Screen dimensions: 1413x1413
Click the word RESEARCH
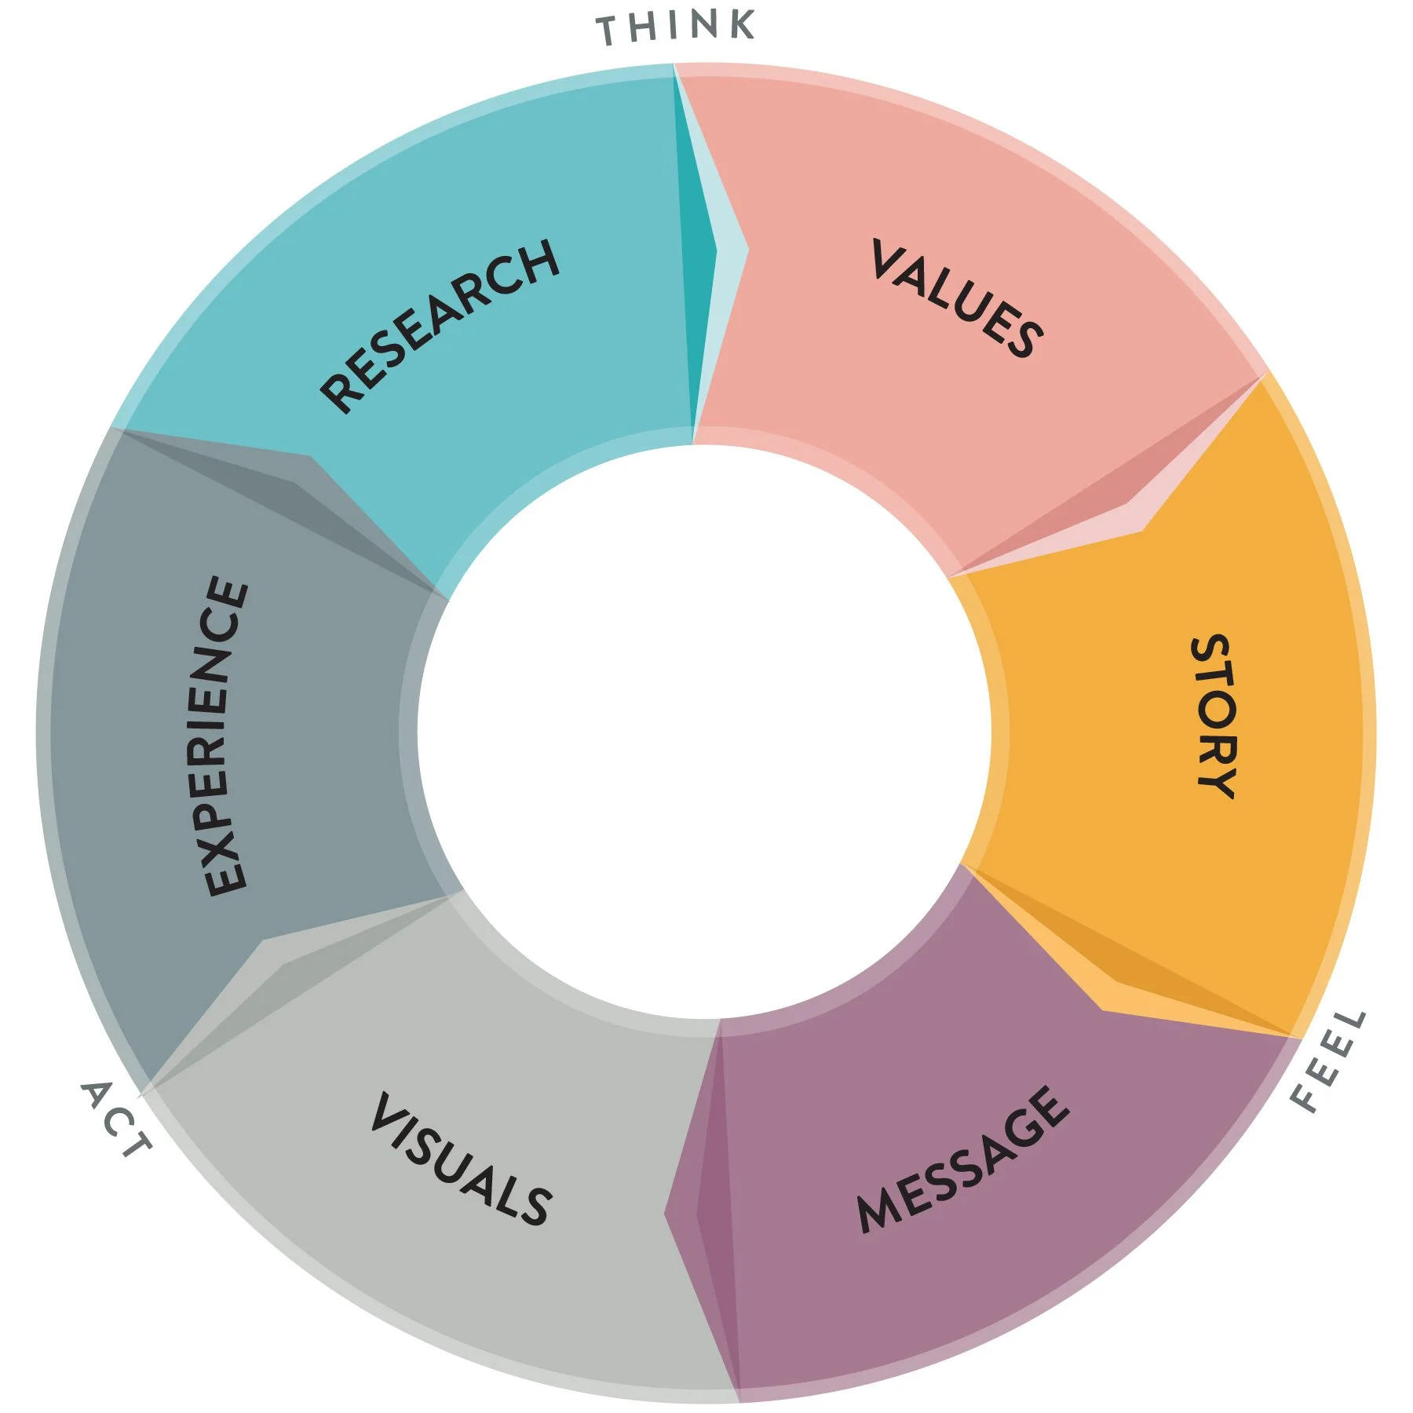[x=440, y=325]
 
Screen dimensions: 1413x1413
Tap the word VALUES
[x=958, y=298]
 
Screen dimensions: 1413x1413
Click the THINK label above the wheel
[x=676, y=27]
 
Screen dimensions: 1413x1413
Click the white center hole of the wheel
[x=703, y=730]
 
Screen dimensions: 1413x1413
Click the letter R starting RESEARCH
[x=339, y=392]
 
